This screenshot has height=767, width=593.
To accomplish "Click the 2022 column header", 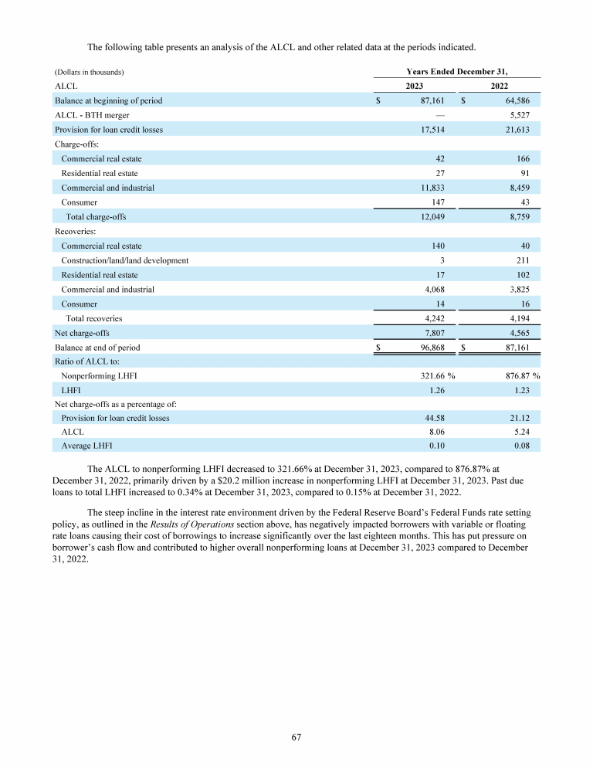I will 499,87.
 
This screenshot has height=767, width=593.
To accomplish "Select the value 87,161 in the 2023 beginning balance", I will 429,100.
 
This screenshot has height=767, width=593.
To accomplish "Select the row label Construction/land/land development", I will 124,260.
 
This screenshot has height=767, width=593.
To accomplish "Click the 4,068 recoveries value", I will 432,290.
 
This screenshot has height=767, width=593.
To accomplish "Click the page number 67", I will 296,737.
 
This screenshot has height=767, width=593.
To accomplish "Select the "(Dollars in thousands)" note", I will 90,73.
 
